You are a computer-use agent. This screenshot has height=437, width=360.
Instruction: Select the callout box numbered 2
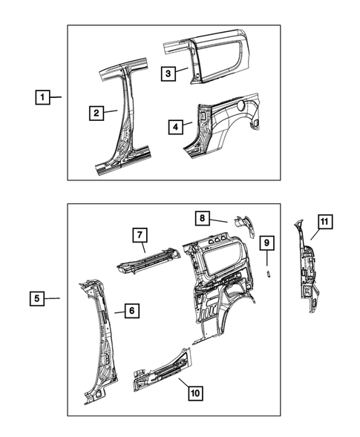(x=96, y=113)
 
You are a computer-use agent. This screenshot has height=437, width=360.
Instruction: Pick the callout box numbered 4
(x=176, y=127)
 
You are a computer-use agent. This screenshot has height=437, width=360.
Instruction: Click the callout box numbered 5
(x=36, y=298)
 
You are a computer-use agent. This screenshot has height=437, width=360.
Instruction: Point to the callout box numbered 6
(x=129, y=312)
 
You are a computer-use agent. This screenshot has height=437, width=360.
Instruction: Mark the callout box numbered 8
(x=202, y=217)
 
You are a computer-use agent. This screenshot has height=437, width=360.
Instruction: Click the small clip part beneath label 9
(x=269, y=272)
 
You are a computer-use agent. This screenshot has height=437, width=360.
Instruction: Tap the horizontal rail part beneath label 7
(x=146, y=259)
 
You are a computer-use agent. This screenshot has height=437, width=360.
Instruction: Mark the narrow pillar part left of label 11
(x=304, y=267)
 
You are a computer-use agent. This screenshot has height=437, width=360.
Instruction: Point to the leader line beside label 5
(x=51, y=298)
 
